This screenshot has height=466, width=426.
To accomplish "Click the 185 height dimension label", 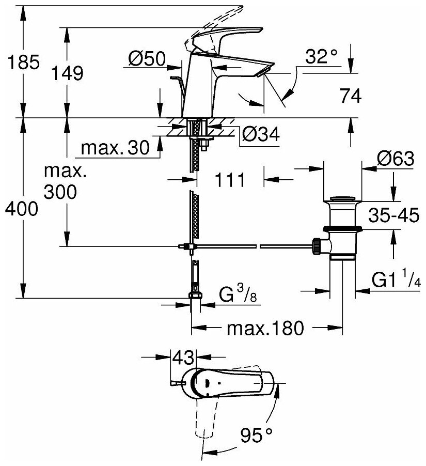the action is click(x=20, y=63).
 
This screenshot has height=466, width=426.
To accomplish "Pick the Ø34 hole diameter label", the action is click(x=261, y=135).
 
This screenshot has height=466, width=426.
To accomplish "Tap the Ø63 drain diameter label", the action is click(x=395, y=160).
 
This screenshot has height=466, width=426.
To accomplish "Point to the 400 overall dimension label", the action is click(x=20, y=208).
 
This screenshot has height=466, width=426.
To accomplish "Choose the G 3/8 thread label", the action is click(x=238, y=296).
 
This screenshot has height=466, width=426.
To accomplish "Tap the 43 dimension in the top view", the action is click(x=184, y=356).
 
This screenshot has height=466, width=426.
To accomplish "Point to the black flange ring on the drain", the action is click(x=342, y=228).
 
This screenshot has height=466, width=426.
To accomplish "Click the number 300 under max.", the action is click(x=60, y=192).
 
